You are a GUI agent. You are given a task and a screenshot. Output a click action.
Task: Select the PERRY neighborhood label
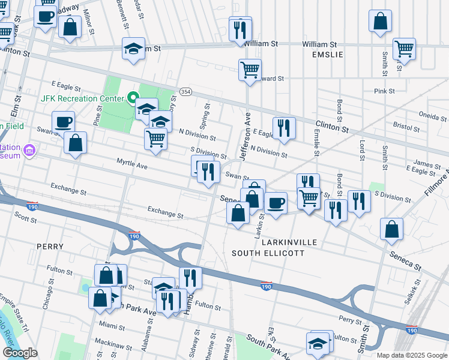(46, 246)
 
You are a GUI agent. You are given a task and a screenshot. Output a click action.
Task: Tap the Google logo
(20, 353)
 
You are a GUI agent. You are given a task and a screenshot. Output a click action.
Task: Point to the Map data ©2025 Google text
(411, 355)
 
